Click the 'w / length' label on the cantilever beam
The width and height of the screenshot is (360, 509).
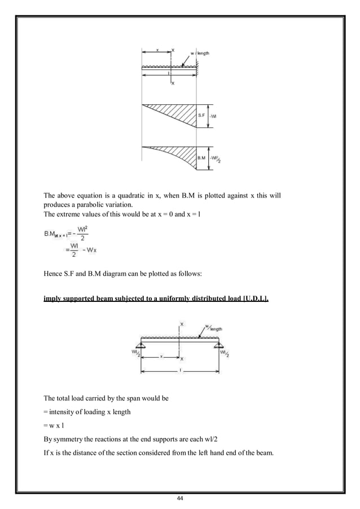[x=199, y=53]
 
